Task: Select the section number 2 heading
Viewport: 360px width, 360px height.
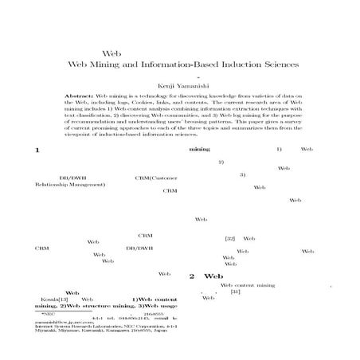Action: pyautogui.click(x=192, y=276)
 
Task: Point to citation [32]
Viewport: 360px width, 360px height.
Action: pyautogui.click(x=229, y=238)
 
